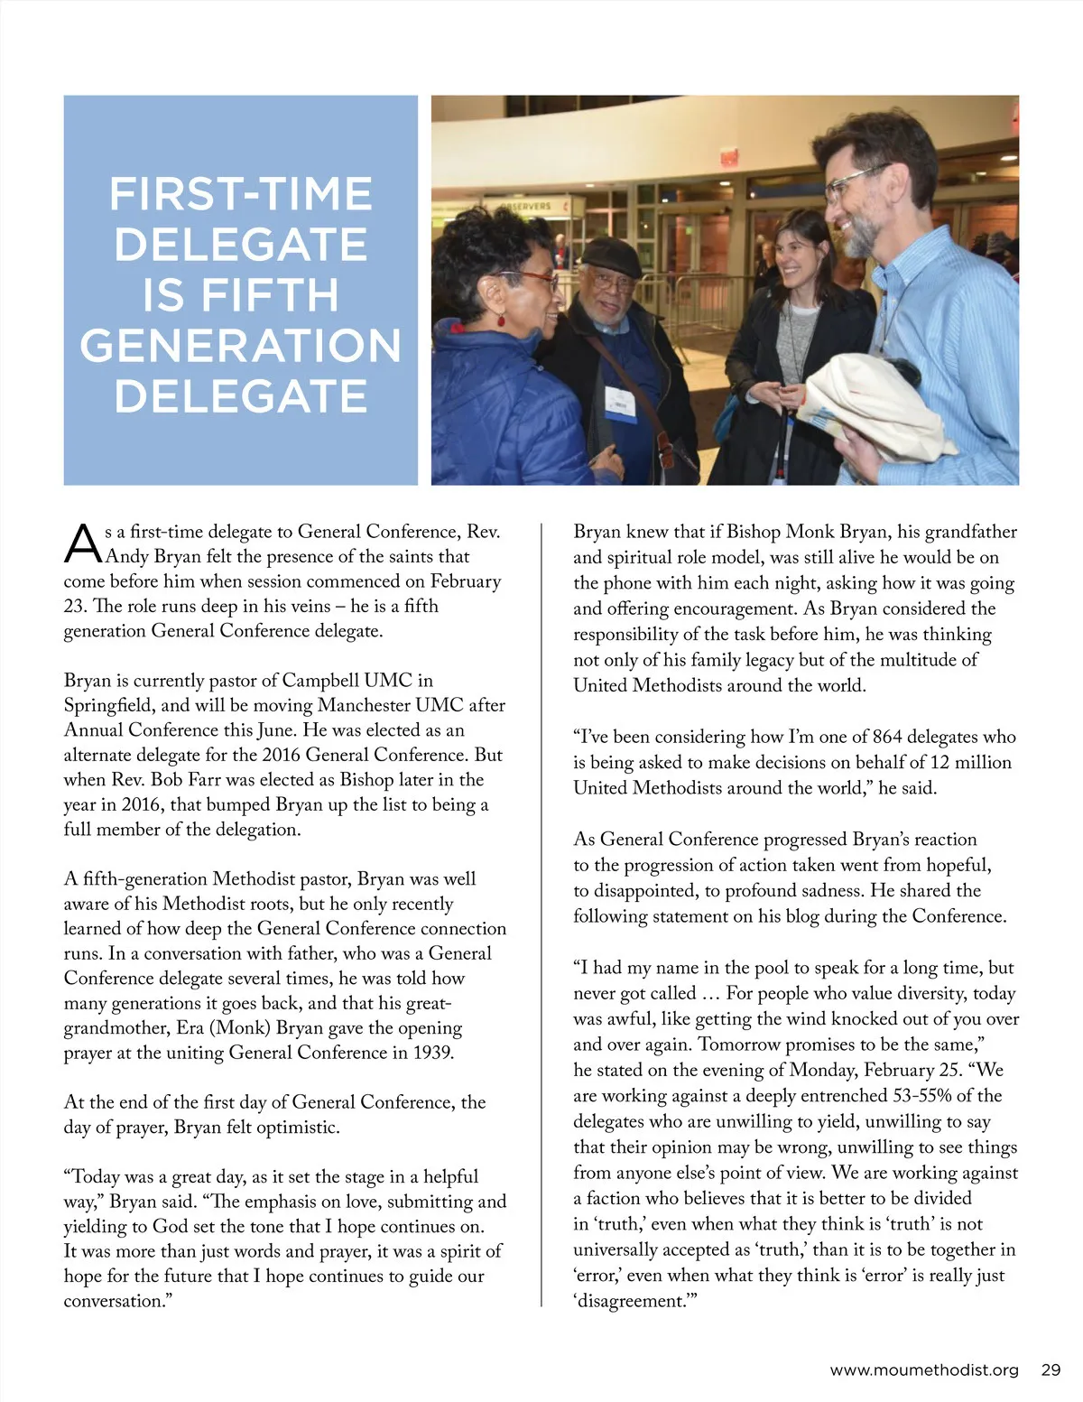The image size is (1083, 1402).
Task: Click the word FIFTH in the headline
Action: (x=269, y=295)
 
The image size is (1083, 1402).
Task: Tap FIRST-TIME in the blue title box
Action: (x=240, y=194)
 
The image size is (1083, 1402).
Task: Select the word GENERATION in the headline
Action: (x=240, y=346)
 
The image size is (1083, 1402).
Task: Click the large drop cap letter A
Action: (x=82, y=543)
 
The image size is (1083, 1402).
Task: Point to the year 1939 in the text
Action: (x=430, y=1053)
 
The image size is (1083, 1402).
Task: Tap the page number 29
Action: (x=1051, y=1370)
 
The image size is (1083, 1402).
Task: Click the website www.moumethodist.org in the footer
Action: (x=923, y=1370)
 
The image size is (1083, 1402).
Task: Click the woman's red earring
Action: (x=501, y=320)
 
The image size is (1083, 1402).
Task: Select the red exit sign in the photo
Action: (x=729, y=156)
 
